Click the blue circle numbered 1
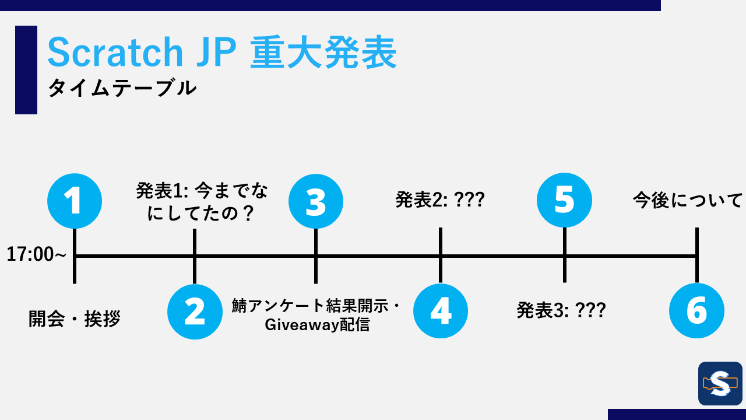(75, 201)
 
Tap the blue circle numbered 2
(195, 311)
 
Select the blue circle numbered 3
(316, 201)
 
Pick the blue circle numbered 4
(441, 311)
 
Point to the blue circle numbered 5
(564, 200)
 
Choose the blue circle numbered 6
(696, 311)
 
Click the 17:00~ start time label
(36, 255)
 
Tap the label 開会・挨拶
(75, 319)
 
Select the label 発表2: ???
(440, 200)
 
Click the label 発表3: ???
(561, 310)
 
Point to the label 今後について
(688, 201)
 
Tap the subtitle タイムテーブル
(122, 89)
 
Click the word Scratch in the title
(115, 52)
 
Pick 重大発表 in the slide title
(323, 52)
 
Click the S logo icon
(720, 383)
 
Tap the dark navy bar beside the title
(26, 70)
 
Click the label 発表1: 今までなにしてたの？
(202, 202)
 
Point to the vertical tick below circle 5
(564, 269)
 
